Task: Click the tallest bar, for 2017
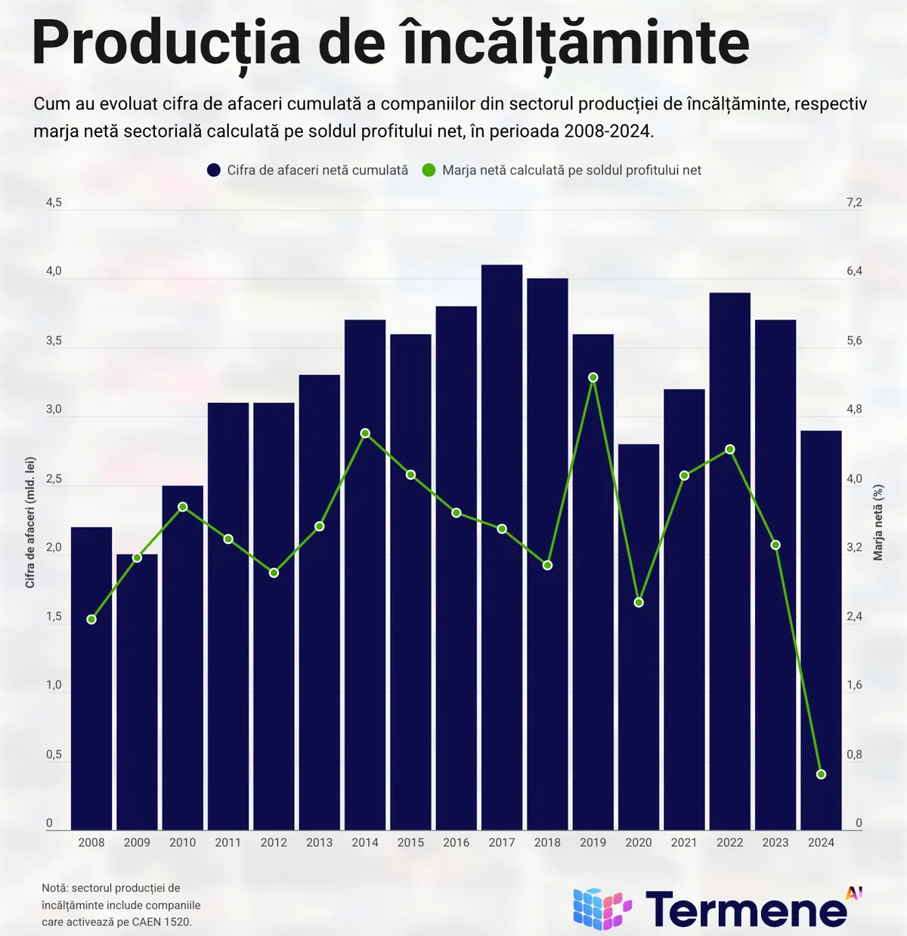coord(502,547)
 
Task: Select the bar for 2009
coord(137,692)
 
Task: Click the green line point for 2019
coord(593,377)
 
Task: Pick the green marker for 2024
coord(822,774)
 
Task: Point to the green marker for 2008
coord(91,619)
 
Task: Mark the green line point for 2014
coord(365,434)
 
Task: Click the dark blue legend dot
coord(214,171)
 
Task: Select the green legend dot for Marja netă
coord(429,171)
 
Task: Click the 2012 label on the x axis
coord(274,842)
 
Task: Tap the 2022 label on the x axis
coord(730,842)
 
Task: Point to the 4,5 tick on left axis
coord(54,202)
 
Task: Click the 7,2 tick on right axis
coord(854,202)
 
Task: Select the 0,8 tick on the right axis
coord(854,755)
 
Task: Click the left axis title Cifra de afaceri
coord(30,522)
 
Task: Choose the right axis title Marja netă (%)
coord(878,522)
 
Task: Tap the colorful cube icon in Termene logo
coord(602,908)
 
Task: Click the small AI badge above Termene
coord(853,893)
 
